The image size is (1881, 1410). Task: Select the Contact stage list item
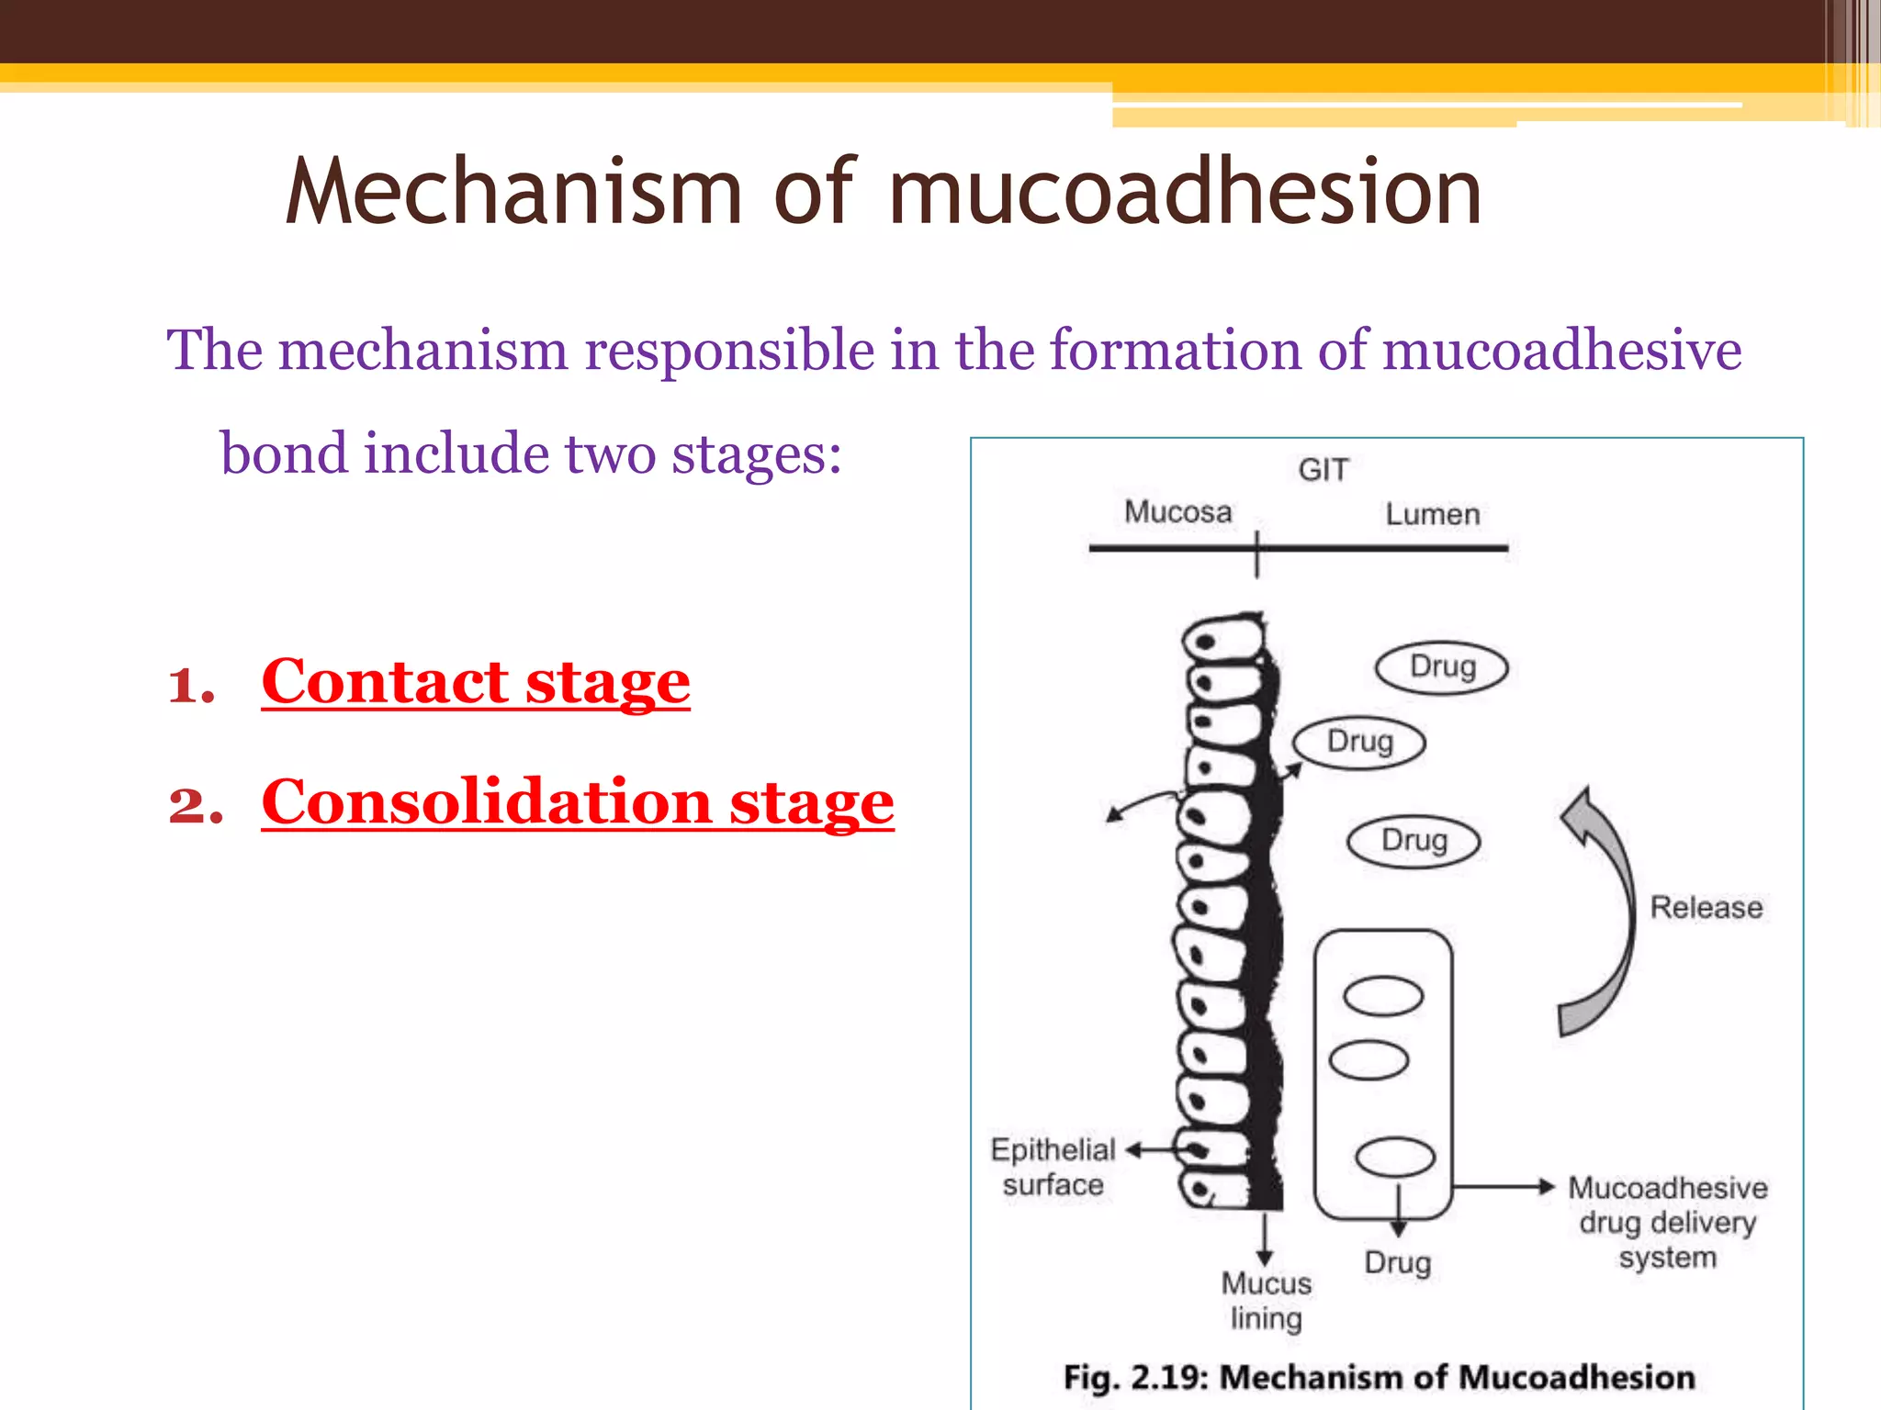click(x=475, y=683)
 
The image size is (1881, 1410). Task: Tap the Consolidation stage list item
click(x=577, y=803)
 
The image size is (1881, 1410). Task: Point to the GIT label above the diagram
click(x=1323, y=470)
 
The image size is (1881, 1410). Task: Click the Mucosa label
click(x=1177, y=512)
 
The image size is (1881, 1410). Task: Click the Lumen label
click(x=1432, y=514)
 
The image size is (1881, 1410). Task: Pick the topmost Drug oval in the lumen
click(x=1441, y=667)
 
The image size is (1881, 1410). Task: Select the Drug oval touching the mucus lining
click(x=1358, y=742)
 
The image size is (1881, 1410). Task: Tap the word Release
click(x=1706, y=908)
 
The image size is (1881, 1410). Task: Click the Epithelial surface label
click(x=1053, y=1167)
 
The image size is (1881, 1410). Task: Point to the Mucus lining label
click(x=1266, y=1300)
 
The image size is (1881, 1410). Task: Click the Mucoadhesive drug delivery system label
click(x=1667, y=1222)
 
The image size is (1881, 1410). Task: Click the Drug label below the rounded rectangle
click(x=1397, y=1263)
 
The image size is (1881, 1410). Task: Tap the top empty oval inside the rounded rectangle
click(x=1382, y=997)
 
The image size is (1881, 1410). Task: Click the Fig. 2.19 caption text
click(x=1379, y=1377)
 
